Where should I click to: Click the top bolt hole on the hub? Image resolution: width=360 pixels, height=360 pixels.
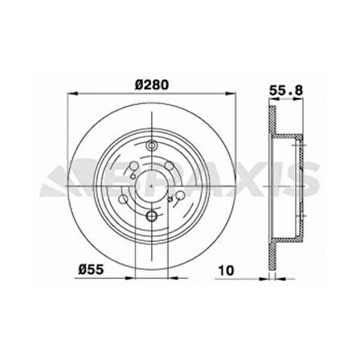tap(151, 145)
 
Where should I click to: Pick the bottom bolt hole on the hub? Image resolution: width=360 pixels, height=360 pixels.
tap(151, 216)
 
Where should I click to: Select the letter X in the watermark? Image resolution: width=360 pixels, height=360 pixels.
tap(261, 178)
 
